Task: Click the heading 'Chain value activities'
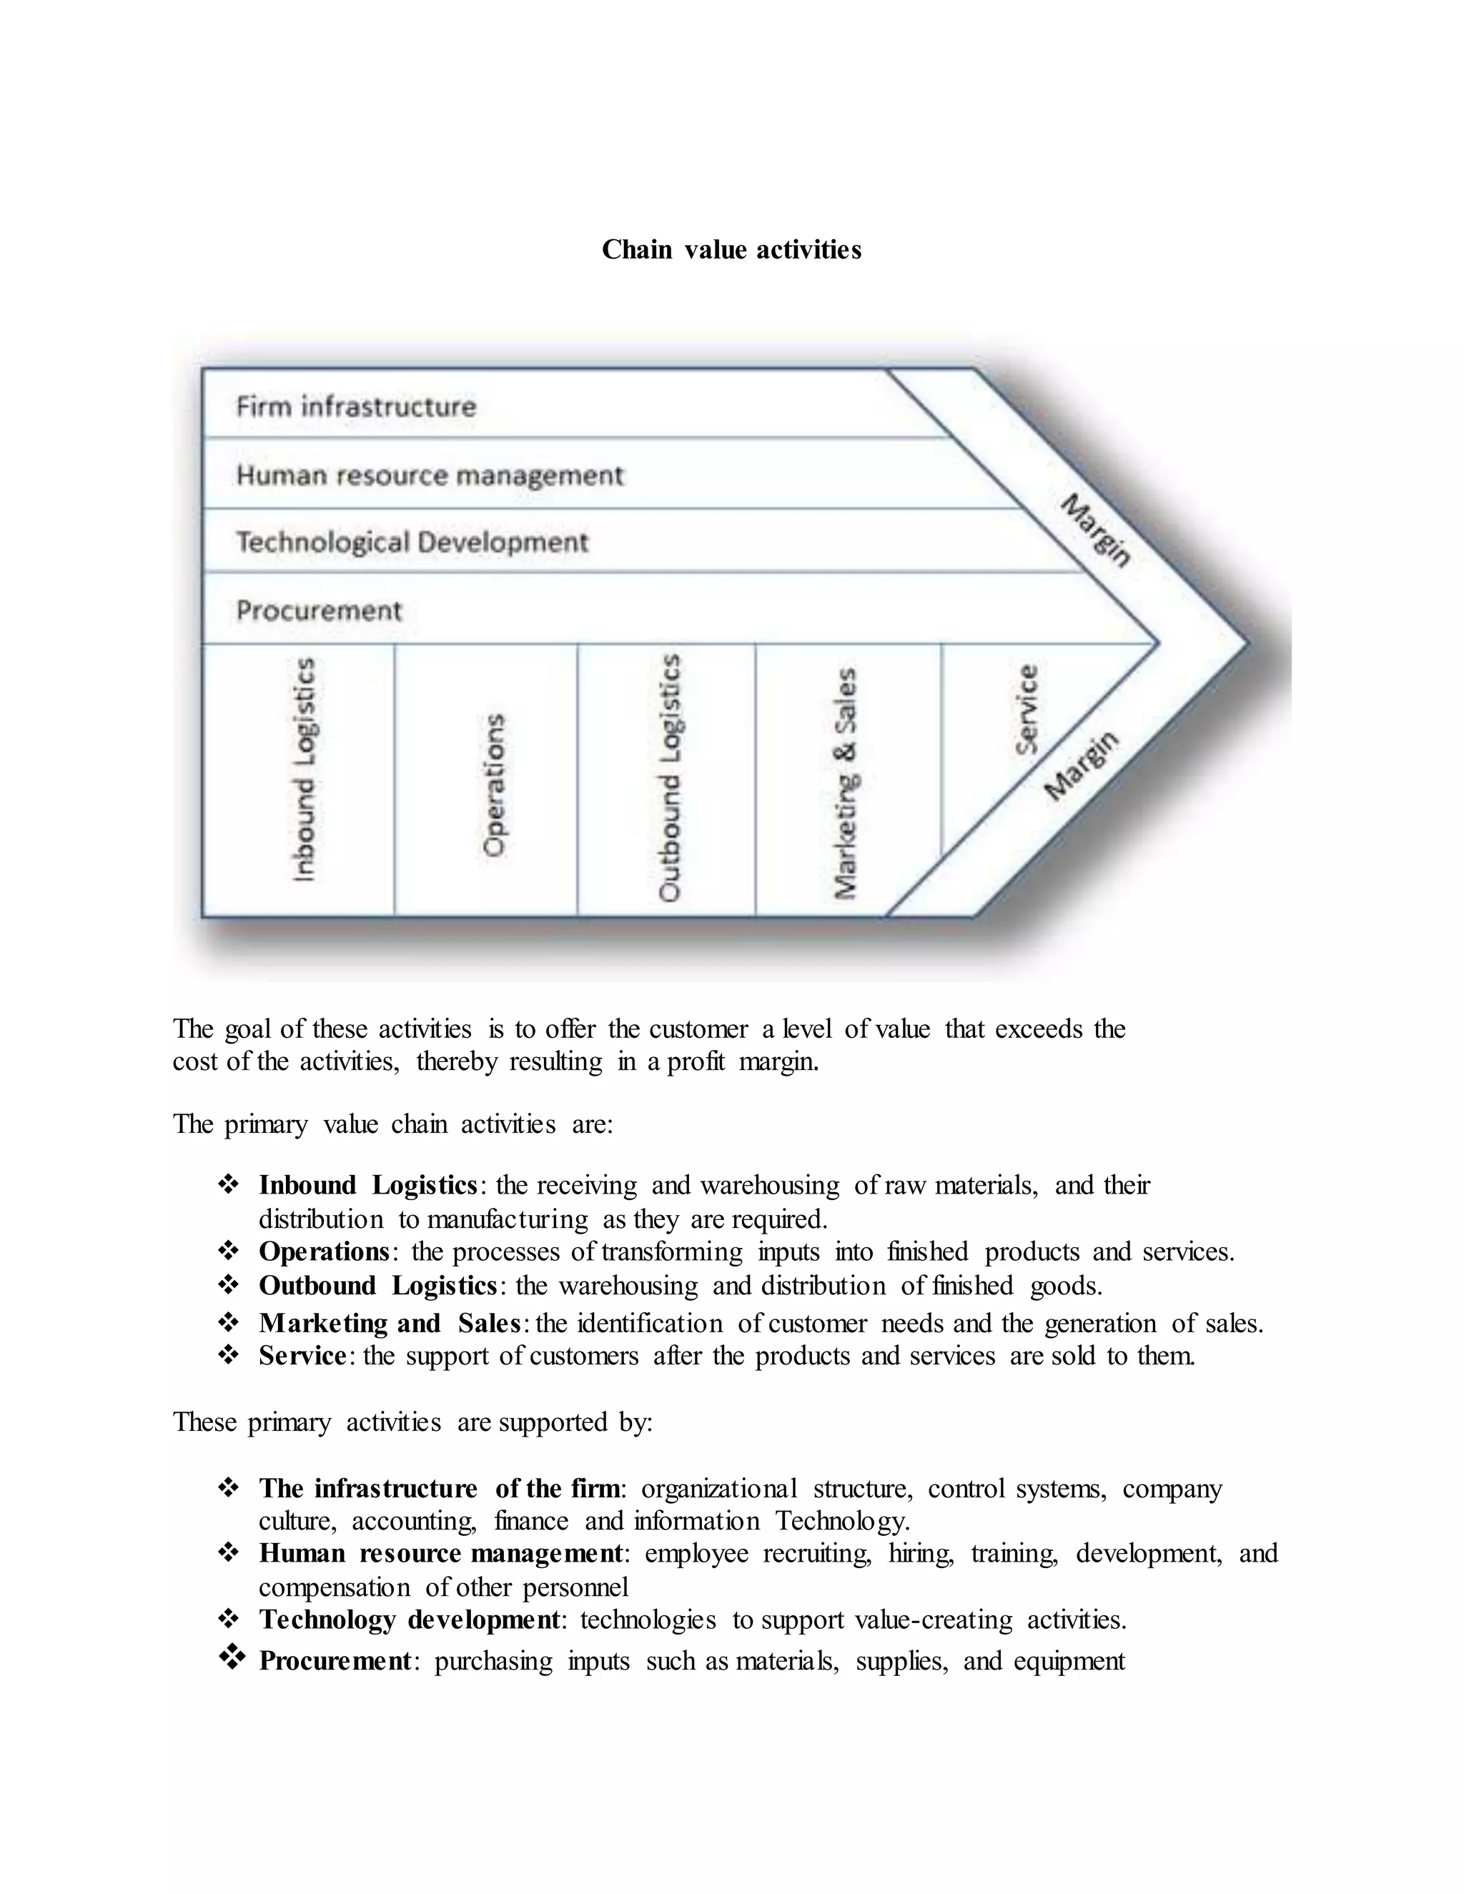click(731, 249)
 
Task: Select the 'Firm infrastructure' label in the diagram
click(355, 406)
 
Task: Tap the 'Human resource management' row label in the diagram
click(430, 475)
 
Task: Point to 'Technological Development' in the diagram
click(412, 542)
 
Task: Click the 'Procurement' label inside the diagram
click(318, 610)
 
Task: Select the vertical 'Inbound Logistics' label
click(304, 770)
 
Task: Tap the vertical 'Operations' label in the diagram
click(493, 785)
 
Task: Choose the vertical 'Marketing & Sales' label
click(846, 782)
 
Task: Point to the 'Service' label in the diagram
click(1027, 710)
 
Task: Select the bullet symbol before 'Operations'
click(228, 1251)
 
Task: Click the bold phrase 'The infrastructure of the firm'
click(439, 1488)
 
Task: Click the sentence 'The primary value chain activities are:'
click(393, 1124)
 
